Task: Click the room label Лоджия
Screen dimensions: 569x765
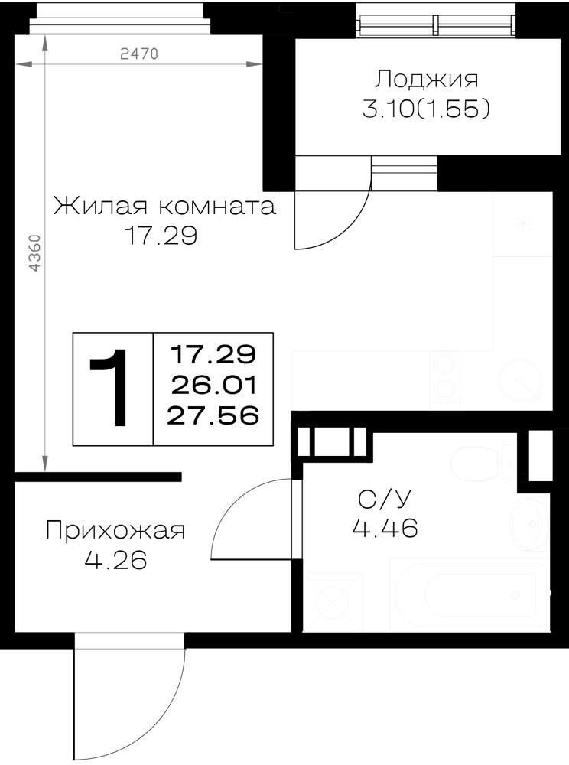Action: pyautogui.click(x=426, y=80)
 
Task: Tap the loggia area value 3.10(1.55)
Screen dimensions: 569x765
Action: pyautogui.click(x=426, y=109)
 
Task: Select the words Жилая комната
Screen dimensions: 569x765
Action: pyautogui.click(x=164, y=206)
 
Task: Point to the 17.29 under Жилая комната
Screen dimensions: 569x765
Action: pyautogui.click(x=161, y=236)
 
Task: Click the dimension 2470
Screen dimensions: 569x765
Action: pyautogui.click(x=139, y=54)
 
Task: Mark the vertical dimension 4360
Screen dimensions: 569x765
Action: pyautogui.click(x=35, y=253)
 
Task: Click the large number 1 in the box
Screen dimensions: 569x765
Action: pyautogui.click(x=110, y=388)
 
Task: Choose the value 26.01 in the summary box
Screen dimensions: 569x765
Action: pyautogui.click(x=213, y=386)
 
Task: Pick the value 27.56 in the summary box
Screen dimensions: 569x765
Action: pyautogui.click(x=213, y=415)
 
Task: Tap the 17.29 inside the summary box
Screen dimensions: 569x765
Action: pyautogui.click(x=213, y=354)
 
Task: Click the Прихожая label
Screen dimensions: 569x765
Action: pyautogui.click(x=115, y=530)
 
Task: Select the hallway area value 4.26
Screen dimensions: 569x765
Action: pyautogui.click(x=115, y=560)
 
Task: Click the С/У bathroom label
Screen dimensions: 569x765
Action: pyautogui.click(x=385, y=499)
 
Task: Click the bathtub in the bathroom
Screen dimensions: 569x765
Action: pyautogui.click(x=470, y=595)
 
